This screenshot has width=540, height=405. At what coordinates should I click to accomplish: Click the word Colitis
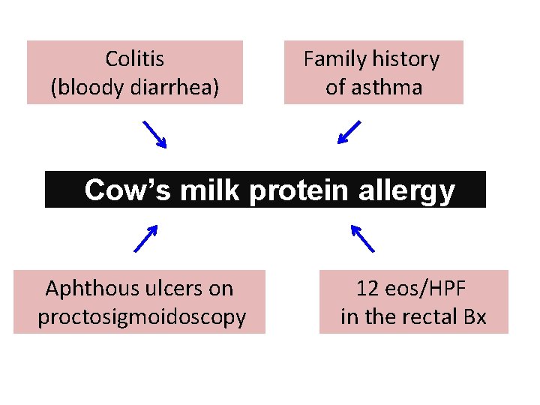tap(135, 58)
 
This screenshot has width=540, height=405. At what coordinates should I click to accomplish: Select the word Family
tap(334, 58)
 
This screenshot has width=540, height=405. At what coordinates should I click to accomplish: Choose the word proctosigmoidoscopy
tap(142, 317)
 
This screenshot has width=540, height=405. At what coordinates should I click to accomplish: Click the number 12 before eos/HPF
tap(367, 288)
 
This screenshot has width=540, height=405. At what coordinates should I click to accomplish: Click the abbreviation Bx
tap(475, 317)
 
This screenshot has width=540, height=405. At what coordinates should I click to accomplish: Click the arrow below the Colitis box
tap(155, 135)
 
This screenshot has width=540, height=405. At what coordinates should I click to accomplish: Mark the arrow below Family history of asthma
tap(349, 132)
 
